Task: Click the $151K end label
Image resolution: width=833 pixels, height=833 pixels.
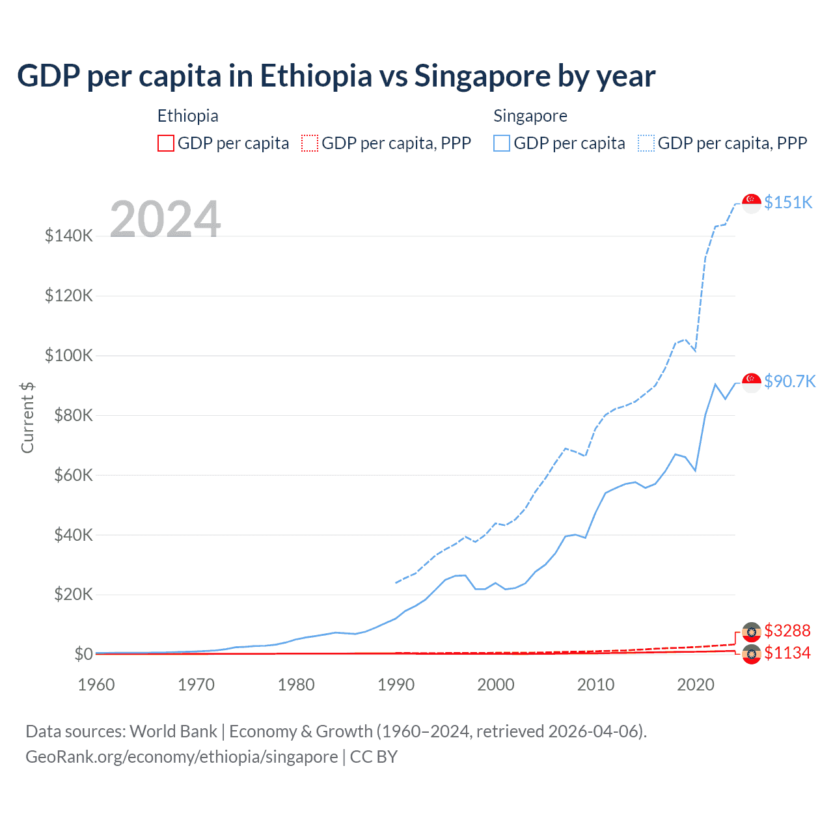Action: [x=788, y=202]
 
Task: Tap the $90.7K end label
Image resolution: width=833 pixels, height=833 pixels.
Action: [x=789, y=381]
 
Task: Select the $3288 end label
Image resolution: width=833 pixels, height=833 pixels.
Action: [x=787, y=631]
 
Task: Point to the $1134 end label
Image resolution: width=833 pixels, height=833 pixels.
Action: [x=787, y=653]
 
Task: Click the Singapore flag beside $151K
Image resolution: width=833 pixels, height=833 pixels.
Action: [x=752, y=203]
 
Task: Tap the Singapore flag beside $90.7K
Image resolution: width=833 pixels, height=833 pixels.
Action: [x=752, y=382]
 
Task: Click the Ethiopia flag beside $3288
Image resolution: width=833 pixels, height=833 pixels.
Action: [x=752, y=632]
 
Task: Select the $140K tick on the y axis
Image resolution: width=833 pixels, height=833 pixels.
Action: [x=69, y=236]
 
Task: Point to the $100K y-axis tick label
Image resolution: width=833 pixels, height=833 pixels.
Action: [x=69, y=356]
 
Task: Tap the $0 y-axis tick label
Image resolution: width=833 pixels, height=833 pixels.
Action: [x=83, y=654]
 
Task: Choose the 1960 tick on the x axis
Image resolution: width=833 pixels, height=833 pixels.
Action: [x=96, y=685]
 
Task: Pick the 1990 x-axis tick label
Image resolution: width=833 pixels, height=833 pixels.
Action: [x=396, y=685]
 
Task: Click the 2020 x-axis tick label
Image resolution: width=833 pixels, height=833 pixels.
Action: [x=696, y=685]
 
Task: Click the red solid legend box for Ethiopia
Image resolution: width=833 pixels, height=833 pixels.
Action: [x=166, y=143]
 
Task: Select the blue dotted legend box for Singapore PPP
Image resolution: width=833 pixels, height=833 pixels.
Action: [x=646, y=143]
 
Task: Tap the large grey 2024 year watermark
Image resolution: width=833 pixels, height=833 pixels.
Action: [x=165, y=219]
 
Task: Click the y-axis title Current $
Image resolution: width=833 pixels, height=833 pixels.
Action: [x=27, y=418]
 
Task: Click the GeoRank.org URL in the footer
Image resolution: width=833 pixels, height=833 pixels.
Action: [x=182, y=757]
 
